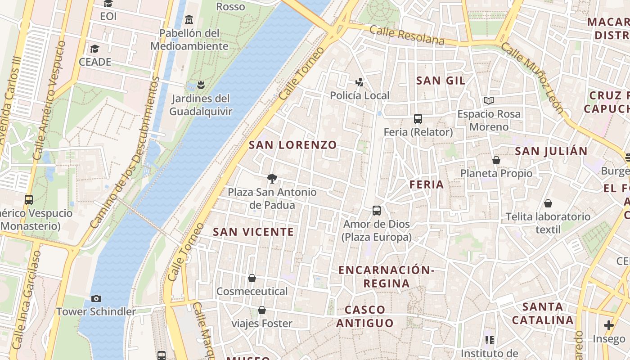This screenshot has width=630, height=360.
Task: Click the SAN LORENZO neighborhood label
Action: pos(292,145)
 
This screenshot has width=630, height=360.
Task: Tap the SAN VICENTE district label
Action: pos(253,232)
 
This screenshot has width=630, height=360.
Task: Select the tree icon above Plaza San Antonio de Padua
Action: pos(272,179)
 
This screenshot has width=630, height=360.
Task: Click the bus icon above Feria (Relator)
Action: pos(418,119)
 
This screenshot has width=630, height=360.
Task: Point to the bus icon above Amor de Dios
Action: pos(377,210)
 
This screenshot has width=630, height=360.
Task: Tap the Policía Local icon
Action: pos(359,82)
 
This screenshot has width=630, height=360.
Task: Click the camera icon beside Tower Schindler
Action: pos(96,298)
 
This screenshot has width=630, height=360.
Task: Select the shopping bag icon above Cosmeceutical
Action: pos(252,278)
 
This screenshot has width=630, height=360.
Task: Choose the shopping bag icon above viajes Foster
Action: pos(262,310)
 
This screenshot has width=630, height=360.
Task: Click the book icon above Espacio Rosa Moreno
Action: pos(489,100)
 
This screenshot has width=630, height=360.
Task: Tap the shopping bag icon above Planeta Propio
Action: pos(496,160)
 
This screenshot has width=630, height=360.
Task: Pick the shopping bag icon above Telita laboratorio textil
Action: pos(548,203)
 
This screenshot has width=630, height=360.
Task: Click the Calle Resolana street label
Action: pos(407,36)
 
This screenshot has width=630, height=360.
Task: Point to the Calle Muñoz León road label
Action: pos(532,77)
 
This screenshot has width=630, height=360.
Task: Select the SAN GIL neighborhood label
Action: pos(441,81)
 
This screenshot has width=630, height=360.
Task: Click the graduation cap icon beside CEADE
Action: pos(94,49)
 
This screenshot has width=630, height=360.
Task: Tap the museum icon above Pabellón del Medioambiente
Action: pos(189,20)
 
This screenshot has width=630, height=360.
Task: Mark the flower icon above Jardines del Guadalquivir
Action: pos(201,85)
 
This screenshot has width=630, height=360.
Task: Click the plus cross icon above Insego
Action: pos(608,325)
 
